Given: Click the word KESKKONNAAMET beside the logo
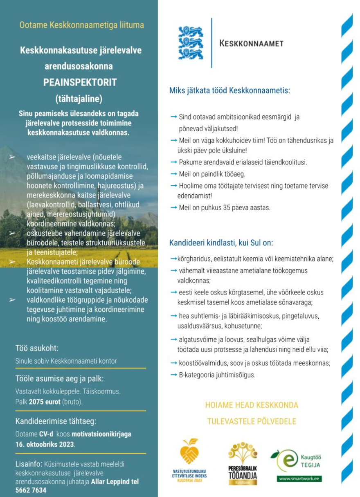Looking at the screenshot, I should (251, 43).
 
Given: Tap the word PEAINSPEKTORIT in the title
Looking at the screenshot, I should (81, 82).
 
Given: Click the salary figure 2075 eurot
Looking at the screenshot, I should (44, 402).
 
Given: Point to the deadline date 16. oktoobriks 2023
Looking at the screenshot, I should (45, 444).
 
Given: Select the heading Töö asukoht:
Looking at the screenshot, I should (37, 349).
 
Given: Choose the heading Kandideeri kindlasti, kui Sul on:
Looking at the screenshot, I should (221, 243).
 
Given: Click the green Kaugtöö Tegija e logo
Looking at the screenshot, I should (282, 460).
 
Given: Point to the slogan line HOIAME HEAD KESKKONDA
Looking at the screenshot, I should (251, 405).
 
